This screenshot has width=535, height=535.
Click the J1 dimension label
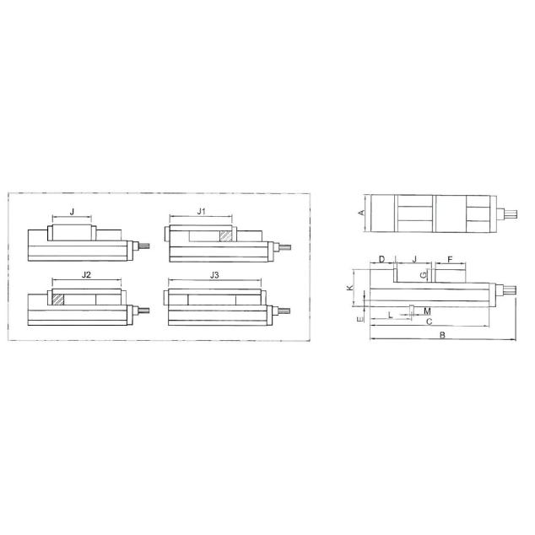202,212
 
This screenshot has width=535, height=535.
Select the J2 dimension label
86,274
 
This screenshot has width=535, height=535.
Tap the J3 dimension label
214,275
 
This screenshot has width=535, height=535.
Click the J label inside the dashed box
72,212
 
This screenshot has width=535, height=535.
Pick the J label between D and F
414,259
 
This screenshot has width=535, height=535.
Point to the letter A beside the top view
362,213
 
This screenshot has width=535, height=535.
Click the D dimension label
381,259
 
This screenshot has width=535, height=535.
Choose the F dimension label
450,260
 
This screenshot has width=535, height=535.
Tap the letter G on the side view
424,274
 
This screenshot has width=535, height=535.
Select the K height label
349,288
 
